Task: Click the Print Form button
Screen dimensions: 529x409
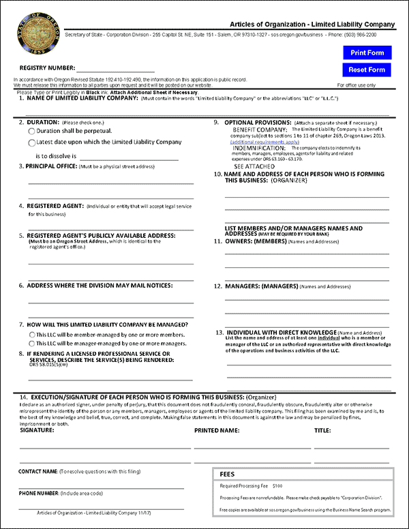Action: click(367, 52)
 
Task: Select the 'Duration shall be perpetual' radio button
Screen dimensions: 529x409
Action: click(31, 130)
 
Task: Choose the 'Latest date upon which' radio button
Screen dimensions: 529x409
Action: click(31, 142)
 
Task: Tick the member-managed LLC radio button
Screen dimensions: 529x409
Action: click(32, 335)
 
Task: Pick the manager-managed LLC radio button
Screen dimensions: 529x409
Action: click(32, 344)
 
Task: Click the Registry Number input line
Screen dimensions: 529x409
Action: click(115, 69)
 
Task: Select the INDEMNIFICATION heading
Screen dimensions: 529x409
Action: click(259, 148)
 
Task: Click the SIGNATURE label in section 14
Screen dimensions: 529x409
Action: click(37, 431)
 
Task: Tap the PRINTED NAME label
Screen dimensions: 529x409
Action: click(216, 431)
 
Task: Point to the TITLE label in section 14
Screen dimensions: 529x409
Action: click(322, 431)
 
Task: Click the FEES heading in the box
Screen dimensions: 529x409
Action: click(228, 474)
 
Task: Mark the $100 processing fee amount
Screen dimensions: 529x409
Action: click(277, 486)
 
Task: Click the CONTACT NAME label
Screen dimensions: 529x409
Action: click(38, 472)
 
